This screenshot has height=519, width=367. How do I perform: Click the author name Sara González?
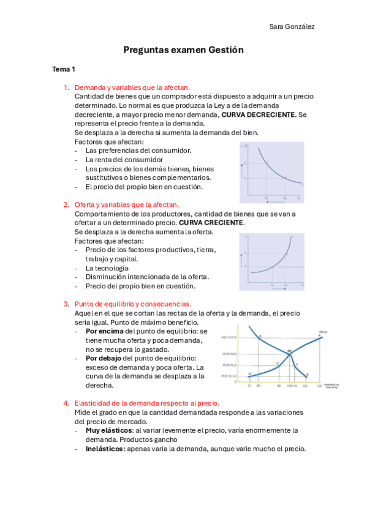pyautogui.click(x=292, y=27)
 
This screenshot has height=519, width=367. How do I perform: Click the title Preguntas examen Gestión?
pyautogui.click(x=183, y=50)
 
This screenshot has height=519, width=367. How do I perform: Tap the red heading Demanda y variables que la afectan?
pyautogui.click(x=132, y=88)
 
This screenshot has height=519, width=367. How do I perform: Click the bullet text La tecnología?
pyautogui.click(x=107, y=268)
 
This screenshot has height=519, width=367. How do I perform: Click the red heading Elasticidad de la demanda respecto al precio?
pyautogui.click(x=146, y=403)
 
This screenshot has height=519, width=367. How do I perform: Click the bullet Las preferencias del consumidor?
pyautogui.click(x=138, y=151)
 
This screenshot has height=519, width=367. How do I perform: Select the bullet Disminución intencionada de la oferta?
pyautogui.click(x=147, y=277)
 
